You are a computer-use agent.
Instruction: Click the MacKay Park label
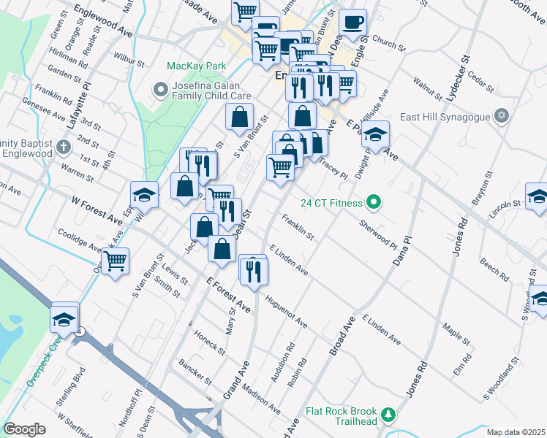[196, 66]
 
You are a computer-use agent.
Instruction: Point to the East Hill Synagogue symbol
[501, 115]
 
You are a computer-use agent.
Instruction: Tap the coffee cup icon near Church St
[354, 22]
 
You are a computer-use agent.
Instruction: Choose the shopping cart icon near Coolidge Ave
[114, 261]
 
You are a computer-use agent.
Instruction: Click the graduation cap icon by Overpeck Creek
[64, 318]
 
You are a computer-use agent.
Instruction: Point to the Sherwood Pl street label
[378, 234]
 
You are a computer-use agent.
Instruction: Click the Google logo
[24, 429]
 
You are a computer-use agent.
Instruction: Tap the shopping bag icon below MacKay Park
[239, 117]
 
